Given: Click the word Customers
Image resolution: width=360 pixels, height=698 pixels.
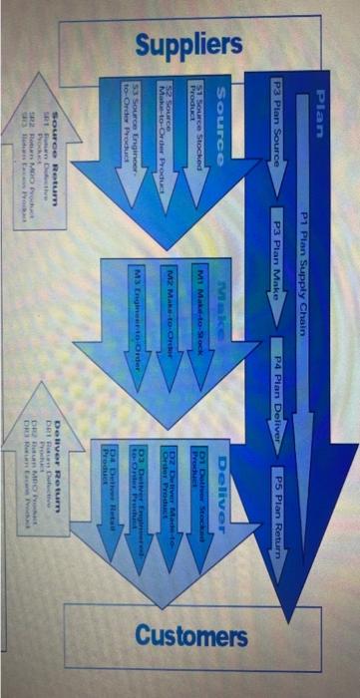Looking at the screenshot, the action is (x=191, y=635).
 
